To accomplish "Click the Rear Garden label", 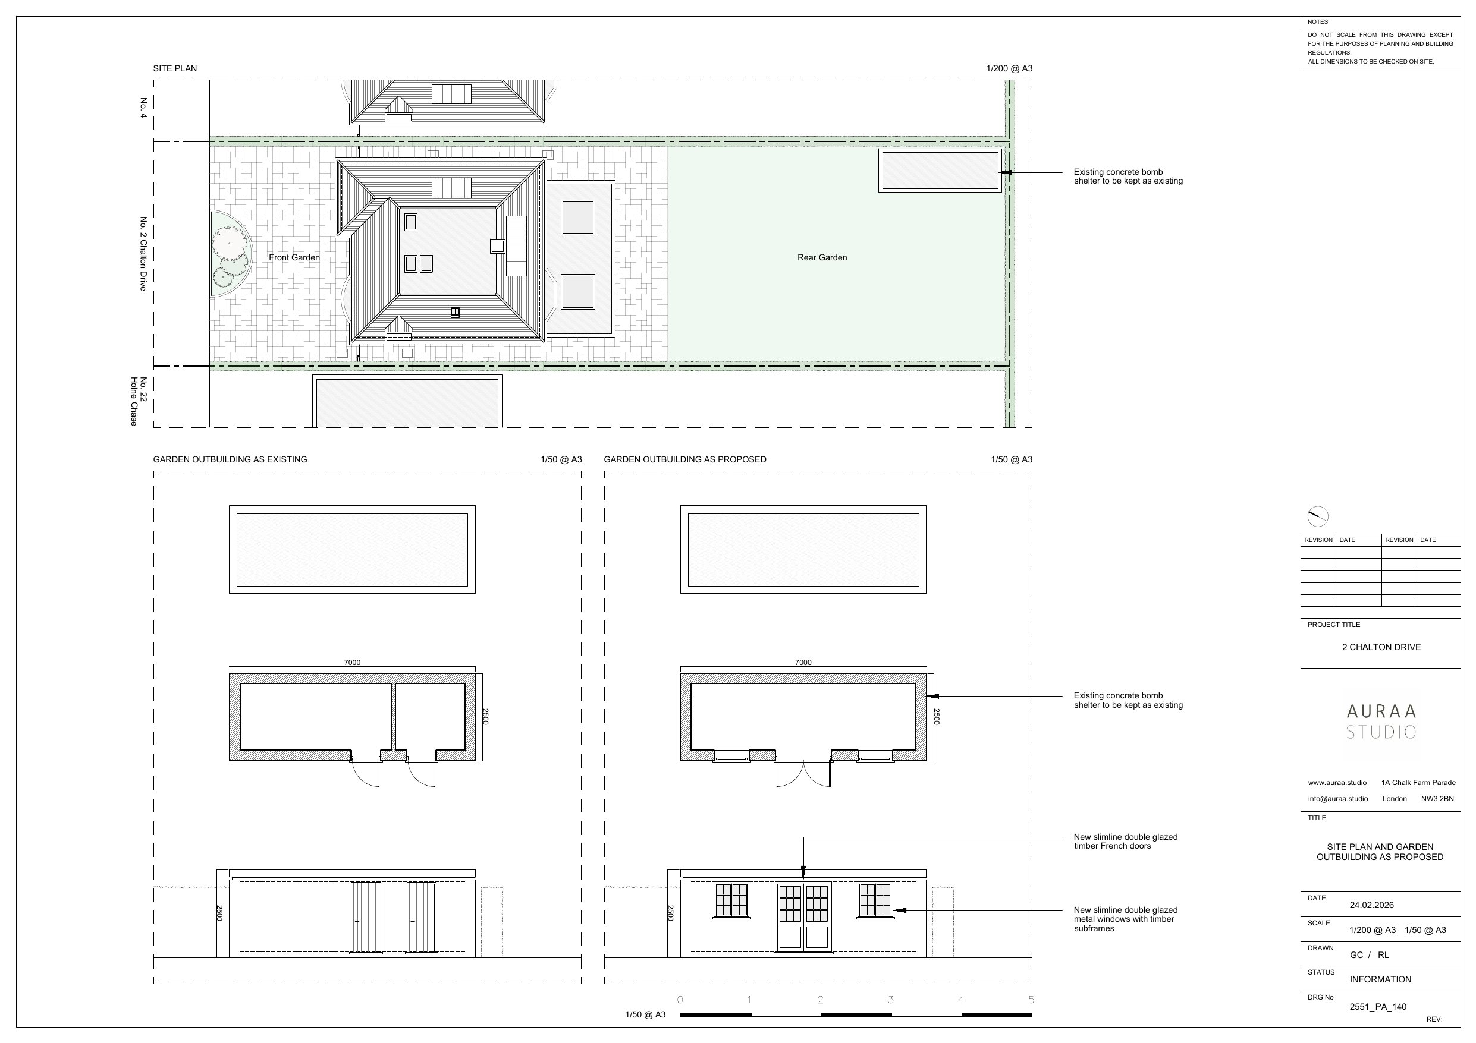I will click(x=822, y=258).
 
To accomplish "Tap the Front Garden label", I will click(x=294, y=258).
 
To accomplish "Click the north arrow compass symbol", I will click(x=1317, y=516).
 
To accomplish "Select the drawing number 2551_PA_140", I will click(x=1378, y=1007).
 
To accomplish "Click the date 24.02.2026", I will click(x=1371, y=905).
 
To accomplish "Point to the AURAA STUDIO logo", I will click(x=1381, y=721).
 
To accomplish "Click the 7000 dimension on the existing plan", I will click(x=352, y=663).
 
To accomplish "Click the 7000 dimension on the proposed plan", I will click(x=803, y=663).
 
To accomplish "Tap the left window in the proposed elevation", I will click(x=731, y=900).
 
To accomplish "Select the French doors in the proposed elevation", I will click(x=803, y=917).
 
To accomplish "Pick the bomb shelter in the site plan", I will click(x=940, y=171).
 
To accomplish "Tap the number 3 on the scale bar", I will click(x=891, y=1000).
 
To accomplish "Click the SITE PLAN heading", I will click(x=175, y=69).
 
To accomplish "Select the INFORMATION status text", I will click(x=1380, y=979).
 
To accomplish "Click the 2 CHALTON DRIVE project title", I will click(x=1381, y=647).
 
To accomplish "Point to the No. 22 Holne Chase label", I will click(x=138, y=401).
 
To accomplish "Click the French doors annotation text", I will click(x=1125, y=841).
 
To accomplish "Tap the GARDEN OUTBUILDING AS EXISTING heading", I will click(x=230, y=459).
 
